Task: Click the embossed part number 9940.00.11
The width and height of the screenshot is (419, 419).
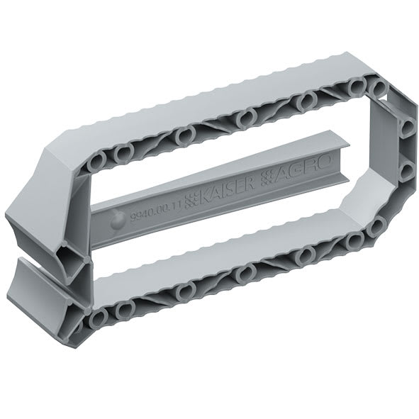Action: click(157, 206)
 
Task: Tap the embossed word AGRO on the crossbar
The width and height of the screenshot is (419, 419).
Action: click(301, 173)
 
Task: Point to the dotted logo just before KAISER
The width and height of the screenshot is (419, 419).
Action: click(189, 199)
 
